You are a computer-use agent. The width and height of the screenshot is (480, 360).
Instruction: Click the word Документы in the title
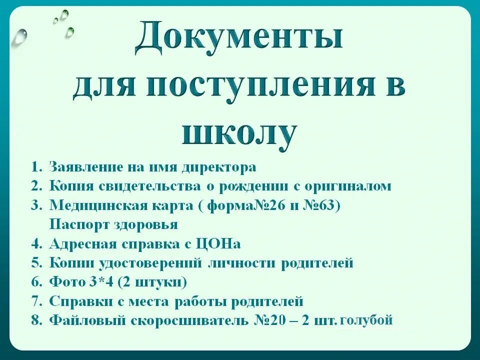239,41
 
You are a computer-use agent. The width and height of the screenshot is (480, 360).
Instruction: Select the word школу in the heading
239,132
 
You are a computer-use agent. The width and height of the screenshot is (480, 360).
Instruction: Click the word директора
218,167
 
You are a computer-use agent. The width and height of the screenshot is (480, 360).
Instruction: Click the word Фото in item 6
67,282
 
